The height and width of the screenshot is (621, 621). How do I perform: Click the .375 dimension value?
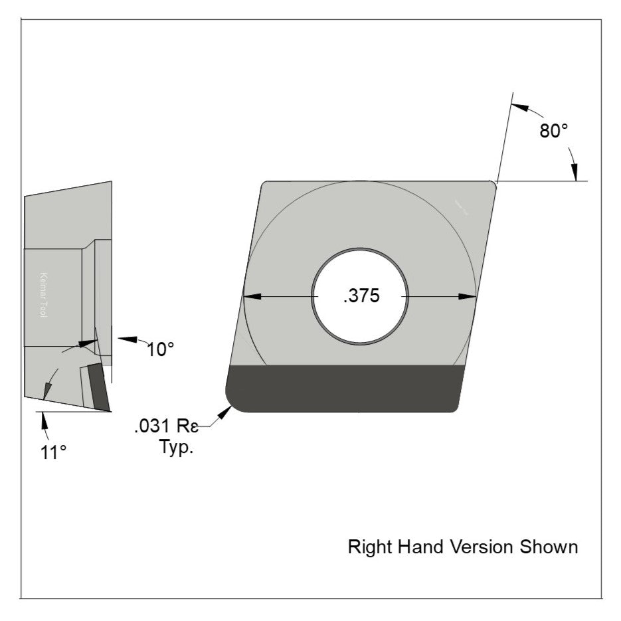361,296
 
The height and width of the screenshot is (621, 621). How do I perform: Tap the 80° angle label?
553,131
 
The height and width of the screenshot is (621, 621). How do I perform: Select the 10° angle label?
160,349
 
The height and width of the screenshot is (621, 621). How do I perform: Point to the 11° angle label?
53,452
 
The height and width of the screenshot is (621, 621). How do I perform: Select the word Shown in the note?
549,547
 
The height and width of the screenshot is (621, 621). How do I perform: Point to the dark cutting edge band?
344,389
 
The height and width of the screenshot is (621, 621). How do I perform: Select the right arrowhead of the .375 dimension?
470,296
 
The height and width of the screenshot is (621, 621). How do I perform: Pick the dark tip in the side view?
98,386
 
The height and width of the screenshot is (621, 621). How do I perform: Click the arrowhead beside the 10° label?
124,338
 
